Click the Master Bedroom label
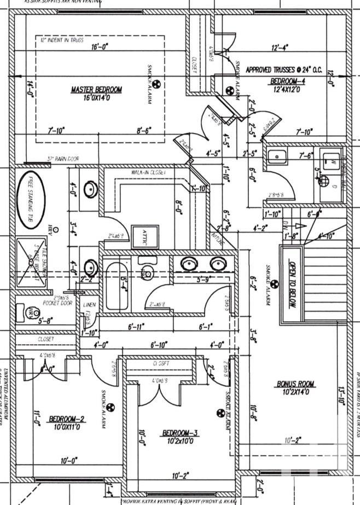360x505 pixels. [96, 89]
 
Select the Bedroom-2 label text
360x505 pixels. [66, 420]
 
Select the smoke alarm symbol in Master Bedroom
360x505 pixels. [155, 85]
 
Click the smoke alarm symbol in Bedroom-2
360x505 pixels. [108, 407]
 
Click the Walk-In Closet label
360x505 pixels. [148, 172]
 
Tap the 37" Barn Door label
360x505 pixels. [63, 159]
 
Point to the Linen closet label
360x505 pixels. [89, 305]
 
